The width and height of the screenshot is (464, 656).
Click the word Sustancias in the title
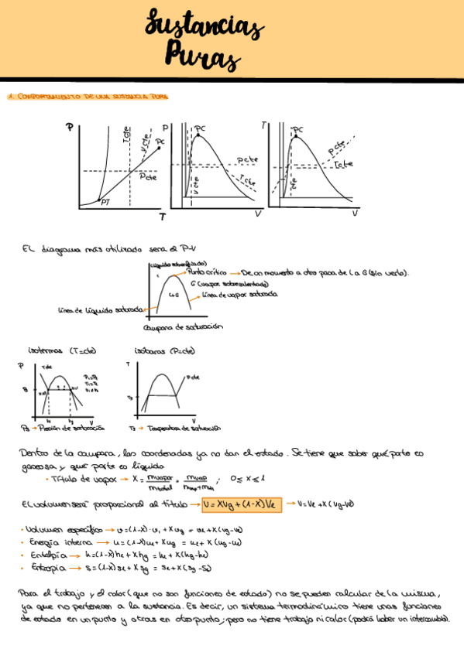pos(203,28)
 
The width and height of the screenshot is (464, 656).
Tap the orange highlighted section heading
pos(87,97)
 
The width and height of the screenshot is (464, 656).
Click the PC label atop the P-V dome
pos(200,128)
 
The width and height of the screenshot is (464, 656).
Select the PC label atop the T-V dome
pos(297,129)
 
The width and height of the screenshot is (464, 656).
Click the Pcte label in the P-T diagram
pos(148,176)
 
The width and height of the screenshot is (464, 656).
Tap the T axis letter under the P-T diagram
pos(162,217)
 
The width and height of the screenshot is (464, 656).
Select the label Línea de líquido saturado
pos(101,310)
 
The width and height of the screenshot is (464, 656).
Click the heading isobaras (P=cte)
pos(164,350)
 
